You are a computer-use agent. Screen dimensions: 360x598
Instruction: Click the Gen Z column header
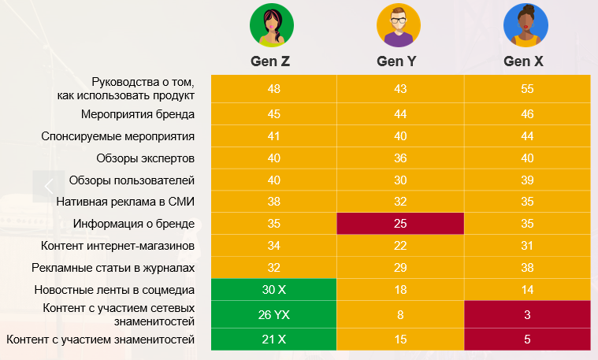pos(273,61)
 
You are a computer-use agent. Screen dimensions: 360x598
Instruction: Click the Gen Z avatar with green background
pos(273,25)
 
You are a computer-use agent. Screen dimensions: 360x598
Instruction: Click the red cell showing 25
pos(399,224)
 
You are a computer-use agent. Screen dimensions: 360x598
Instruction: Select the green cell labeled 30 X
pos(273,289)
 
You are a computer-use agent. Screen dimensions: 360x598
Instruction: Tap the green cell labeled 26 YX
pos(273,315)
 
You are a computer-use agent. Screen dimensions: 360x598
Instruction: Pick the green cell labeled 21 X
pos(273,340)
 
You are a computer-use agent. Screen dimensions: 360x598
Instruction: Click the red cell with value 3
pos(526,315)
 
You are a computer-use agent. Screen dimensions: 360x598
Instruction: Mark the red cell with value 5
pos(526,340)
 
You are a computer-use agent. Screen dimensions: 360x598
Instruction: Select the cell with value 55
pos(526,89)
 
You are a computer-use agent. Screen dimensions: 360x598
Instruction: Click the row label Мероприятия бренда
pos(137,114)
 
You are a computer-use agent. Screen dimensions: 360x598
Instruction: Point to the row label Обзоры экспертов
pos(145,158)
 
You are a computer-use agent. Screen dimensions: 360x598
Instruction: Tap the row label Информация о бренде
pos(133,224)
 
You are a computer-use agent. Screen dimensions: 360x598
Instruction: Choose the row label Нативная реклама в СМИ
pos(125,202)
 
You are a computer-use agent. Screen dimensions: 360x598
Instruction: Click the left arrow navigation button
pos(49,187)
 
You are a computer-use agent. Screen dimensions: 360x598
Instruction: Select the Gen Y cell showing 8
pos(399,315)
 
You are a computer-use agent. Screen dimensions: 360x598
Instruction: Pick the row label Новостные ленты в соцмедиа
pos(113,289)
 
